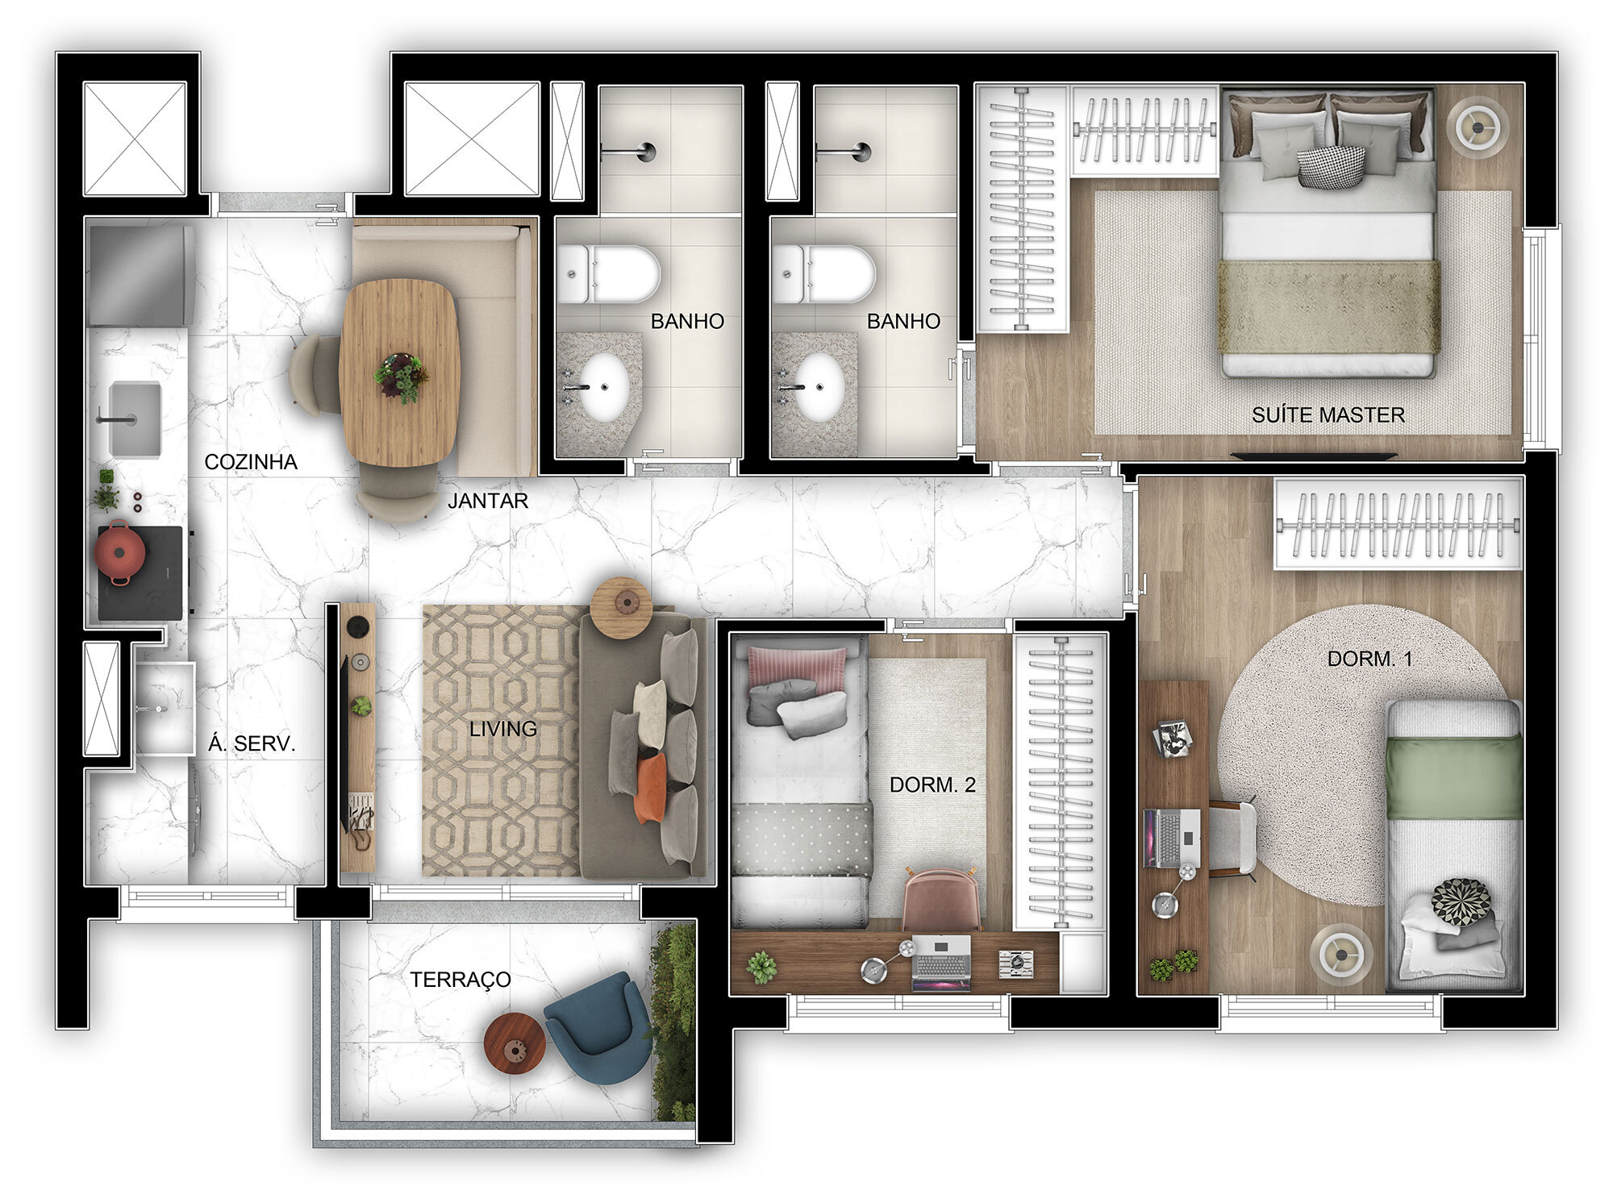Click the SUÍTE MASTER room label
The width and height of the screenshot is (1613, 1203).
1327,415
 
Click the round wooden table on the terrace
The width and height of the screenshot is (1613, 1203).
515,1043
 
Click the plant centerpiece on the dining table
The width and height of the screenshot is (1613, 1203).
401,377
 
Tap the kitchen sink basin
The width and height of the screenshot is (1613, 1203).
135,419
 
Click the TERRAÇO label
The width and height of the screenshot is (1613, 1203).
460,980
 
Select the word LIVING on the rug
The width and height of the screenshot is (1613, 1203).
503,729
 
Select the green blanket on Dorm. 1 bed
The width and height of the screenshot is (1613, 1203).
1453,778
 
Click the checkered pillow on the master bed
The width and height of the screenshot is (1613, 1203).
1332,167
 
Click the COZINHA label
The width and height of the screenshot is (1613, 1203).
251,462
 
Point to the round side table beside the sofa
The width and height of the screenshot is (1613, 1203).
621,606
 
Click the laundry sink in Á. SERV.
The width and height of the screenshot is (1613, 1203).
165,707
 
